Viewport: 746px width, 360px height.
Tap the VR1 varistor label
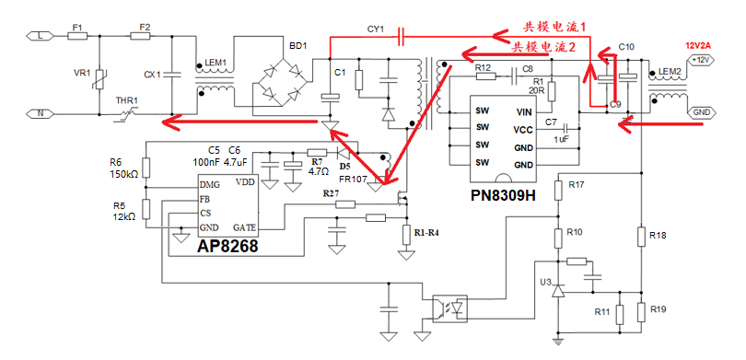82,73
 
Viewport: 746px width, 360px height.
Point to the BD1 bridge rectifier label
297,45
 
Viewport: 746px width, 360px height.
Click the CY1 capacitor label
376,29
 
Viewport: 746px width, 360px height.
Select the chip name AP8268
227,247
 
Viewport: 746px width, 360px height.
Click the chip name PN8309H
502,196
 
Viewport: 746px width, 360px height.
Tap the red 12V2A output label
698,45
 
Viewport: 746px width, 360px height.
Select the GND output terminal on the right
702,111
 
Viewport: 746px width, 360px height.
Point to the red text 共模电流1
554,29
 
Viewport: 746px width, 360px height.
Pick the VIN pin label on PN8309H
525,111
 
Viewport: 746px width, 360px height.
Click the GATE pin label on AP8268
245,226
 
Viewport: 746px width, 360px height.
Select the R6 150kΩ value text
123,174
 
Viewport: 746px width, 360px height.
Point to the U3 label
546,281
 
